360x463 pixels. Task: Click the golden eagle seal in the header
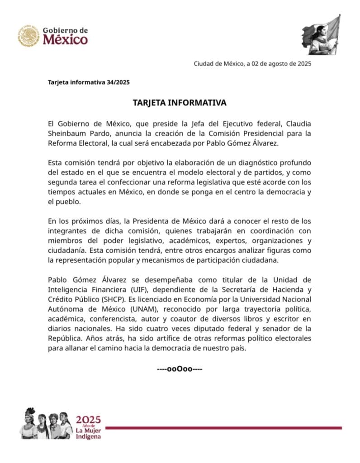tap(29, 36)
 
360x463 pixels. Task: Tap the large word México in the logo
tap(66, 40)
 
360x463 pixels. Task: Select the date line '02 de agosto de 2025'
tap(281, 64)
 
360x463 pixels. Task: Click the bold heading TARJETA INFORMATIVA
tap(180, 103)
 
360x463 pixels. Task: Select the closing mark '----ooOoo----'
tap(180, 369)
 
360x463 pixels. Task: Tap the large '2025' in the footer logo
tap(89, 419)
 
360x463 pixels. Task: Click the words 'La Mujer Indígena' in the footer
tap(89, 434)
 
